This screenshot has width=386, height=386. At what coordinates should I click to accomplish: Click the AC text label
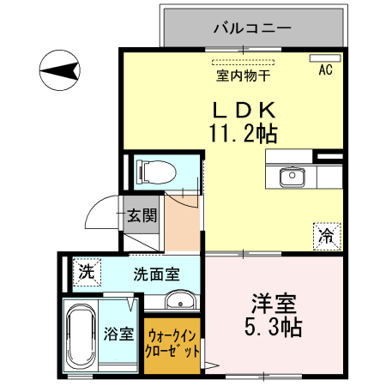pyautogui.click(x=325, y=71)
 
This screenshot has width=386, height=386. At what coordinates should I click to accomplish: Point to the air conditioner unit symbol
pyautogui.click(x=325, y=59)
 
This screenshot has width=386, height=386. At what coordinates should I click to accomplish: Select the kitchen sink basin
pyautogui.click(x=292, y=177)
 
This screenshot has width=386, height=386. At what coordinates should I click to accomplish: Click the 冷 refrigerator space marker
pyautogui.click(x=327, y=232)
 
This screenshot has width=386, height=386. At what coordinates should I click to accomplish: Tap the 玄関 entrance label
pyautogui.click(x=142, y=215)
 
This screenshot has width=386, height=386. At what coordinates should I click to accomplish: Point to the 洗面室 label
pyautogui.click(x=156, y=274)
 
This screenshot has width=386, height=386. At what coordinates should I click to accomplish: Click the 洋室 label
pyautogui.click(x=274, y=303)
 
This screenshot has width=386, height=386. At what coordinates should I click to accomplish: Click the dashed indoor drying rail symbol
pyautogui.click(x=243, y=63)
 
